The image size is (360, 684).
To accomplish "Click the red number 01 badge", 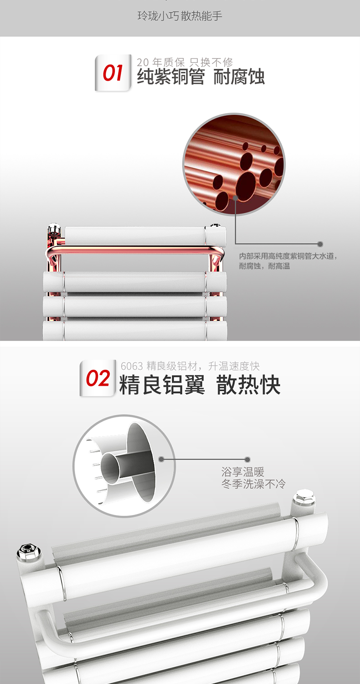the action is coord(113,73).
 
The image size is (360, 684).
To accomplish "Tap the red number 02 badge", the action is coord(98,378).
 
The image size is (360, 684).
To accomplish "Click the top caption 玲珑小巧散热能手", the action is coord(180,16).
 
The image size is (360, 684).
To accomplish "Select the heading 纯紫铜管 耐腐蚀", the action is coord(201,77).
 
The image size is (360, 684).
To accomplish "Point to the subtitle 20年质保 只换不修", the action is coord(185,62).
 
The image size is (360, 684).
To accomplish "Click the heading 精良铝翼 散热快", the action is coord(200,384).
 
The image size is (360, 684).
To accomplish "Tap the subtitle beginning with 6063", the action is coord(190,366).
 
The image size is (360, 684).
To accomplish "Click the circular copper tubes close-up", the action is coord(234,164).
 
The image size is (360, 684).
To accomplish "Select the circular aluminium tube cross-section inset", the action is coord(124,466).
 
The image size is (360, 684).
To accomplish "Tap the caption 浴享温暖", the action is coord(243,472).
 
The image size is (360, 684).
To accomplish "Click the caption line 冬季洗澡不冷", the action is coord(253,484).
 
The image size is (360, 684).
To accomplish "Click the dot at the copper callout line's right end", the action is coord(320,244).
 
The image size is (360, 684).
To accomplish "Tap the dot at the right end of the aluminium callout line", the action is coord(247,460).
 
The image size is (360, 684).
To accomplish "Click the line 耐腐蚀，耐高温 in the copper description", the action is coord(264,266).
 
